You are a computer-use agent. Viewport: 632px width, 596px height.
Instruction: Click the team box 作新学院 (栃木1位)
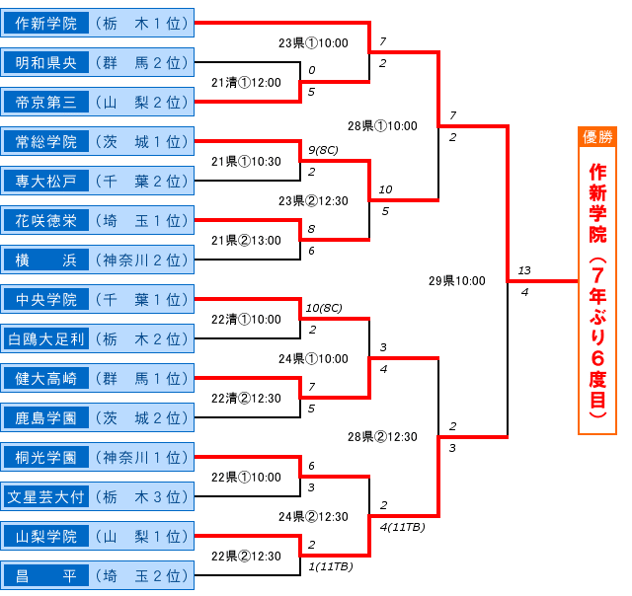point(98,22)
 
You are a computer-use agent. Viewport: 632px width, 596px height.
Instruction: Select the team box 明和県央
point(98,62)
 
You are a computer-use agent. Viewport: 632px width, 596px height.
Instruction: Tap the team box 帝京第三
point(98,102)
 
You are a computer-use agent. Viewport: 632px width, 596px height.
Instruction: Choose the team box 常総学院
point(98,141)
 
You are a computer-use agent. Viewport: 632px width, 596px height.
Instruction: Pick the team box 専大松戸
point(98,181)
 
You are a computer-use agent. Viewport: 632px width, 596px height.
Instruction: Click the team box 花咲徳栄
point(98,219)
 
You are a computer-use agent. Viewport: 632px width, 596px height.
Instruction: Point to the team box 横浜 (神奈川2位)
point(98,260)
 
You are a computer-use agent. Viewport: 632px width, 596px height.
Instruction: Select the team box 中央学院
point(98,299)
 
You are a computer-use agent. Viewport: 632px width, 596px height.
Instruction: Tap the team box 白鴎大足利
point(98,338)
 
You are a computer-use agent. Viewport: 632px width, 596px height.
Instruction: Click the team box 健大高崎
point(98,378)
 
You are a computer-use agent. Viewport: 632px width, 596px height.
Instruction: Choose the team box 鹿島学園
point(98,417)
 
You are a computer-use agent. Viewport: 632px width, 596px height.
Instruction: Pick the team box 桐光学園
point(98,457)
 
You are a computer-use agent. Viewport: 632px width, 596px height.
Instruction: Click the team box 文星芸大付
point(98,496)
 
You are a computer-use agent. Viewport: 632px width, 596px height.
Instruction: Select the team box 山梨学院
point(98,536)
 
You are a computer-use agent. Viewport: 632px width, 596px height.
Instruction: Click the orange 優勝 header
point(597,136)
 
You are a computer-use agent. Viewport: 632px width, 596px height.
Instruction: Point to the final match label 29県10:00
point(458,281)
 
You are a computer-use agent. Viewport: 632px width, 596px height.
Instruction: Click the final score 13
point(523,270)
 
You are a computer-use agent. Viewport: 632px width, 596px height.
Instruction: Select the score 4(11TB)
point(402,527)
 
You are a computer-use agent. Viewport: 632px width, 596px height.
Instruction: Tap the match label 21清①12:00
point(246,83)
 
